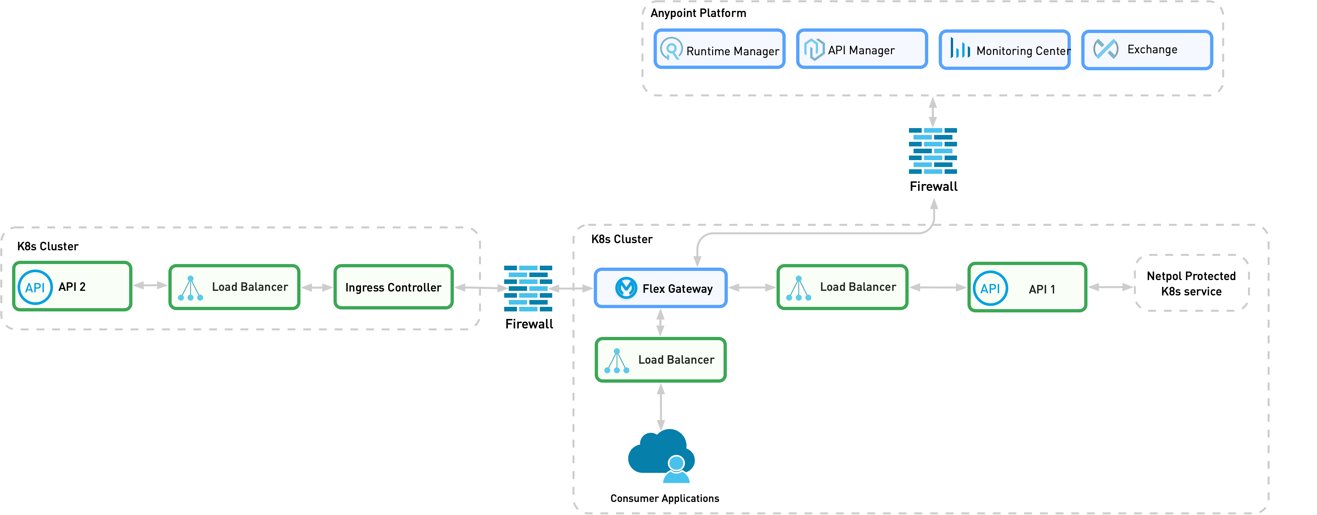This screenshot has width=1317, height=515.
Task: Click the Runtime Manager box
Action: click(719, 49)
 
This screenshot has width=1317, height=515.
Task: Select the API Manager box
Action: click(862, 49)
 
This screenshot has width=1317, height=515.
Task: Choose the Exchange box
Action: click(1147, 50)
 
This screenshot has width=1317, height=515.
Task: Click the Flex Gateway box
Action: click(660, 288)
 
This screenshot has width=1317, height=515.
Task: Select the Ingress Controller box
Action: click(393, 287)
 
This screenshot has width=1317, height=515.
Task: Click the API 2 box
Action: click(72, 287)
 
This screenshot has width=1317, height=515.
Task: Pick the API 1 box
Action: click(1027, 288)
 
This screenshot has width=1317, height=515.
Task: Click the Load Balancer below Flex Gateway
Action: click(660, 360)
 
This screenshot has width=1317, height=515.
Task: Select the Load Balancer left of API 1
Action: click(842, 287)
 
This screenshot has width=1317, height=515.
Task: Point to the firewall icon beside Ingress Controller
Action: click(528, 289)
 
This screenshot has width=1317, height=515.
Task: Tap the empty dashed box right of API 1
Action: click(1192, 283)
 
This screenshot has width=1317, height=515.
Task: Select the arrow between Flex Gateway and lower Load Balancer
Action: click(660, 323)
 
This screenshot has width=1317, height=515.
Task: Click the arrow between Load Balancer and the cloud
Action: click(660, 407)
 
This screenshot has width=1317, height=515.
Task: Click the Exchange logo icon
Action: click(1105, 49)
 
